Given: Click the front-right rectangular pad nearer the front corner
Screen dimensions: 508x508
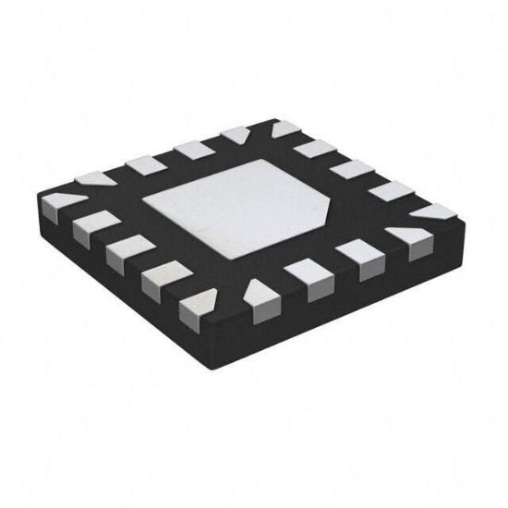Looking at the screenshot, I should (x=303, y=273).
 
